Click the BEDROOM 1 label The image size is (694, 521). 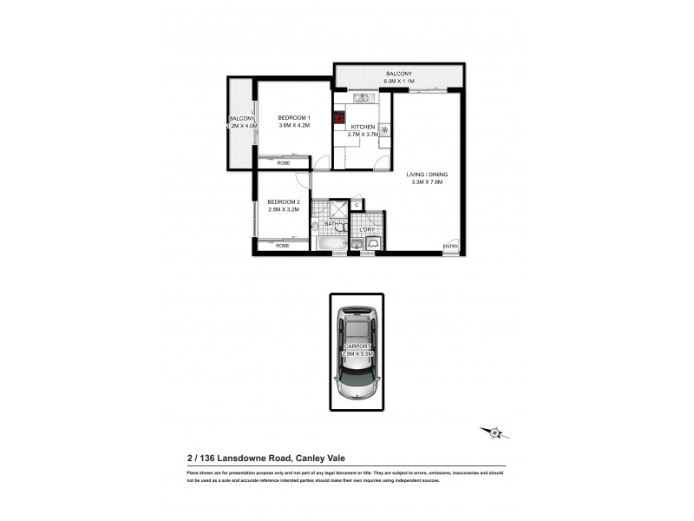point(293,117)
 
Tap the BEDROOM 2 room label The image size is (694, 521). point(283,201)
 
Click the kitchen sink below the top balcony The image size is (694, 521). point(363,97)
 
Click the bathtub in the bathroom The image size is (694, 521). point(330,246)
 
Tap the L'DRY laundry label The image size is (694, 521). point(367,229)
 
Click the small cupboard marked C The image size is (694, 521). point(357,205)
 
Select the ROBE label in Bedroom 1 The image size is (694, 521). point(283,162)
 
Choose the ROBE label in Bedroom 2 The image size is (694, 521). point(283,246)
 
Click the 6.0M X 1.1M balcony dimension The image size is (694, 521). point(400,81)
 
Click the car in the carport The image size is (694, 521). point(356,352)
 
